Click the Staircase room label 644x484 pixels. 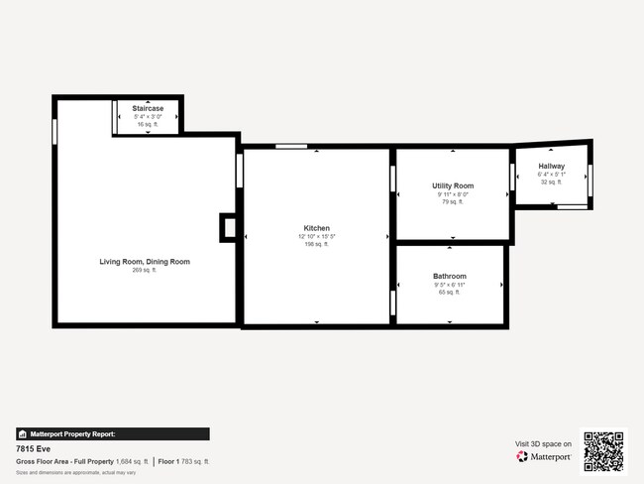[x=148, y=107]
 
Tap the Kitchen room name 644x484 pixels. [x=317, y=228]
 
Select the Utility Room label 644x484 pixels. [x=453, y=185]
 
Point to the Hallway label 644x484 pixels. [x=552, y=166]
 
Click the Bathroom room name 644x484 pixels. [x=449, y=276]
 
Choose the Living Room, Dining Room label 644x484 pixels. [x=145, y=262]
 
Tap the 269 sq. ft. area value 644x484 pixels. [x=145, y=270]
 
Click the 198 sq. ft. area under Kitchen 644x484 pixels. [x=317, y=244]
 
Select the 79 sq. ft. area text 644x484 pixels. [x=453, y=201]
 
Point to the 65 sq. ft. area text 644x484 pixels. [x=449, y=293]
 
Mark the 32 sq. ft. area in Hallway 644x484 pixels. [x=551, y=182]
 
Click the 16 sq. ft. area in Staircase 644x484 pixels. [x=148, y=124]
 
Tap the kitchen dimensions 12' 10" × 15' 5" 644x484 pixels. [x=317, y=236]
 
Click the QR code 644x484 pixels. [x=603, y=451]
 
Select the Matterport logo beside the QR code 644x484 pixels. [x=544, y=457]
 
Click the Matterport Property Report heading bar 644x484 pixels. [x=113, y=434]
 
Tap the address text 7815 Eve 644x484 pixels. [x=32, y=448]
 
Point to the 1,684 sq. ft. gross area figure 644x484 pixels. [x=132, y=461]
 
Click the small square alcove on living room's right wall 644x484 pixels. [x=228, y=228]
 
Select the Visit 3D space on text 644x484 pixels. [x=544, y=443]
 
